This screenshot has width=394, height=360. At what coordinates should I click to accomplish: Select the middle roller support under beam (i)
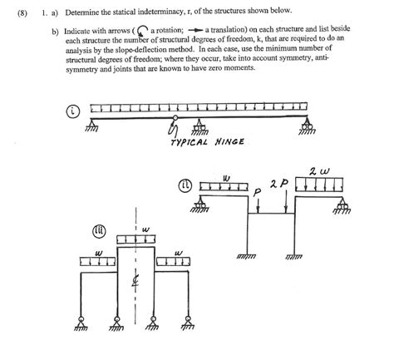(x=199, y=129)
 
